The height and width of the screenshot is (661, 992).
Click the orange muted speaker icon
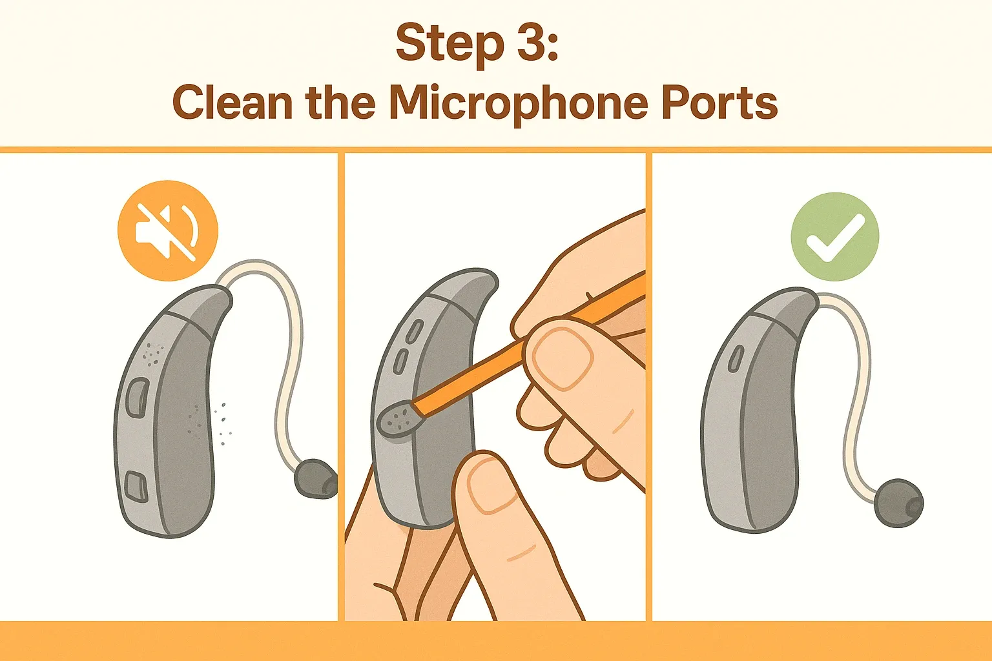[168, 230]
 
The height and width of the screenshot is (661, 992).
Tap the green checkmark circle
[835, 236]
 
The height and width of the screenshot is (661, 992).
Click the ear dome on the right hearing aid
[899, 503]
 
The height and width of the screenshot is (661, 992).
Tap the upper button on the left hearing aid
[138, 398]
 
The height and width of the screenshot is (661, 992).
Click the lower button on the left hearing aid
[136, 486]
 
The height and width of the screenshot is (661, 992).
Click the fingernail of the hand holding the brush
[563, 359]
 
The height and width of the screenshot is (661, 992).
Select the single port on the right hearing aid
[736, 358]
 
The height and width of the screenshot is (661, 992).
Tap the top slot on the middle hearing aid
[413, 331]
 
